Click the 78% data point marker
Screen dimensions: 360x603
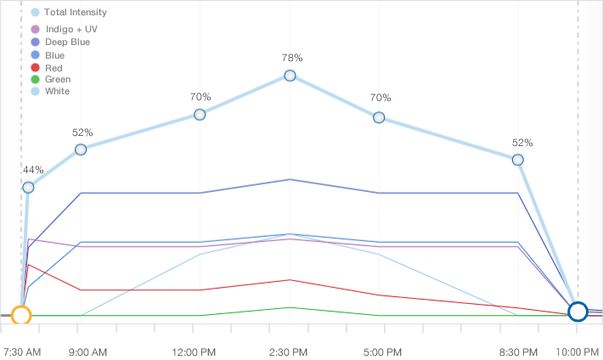tap(290, 76)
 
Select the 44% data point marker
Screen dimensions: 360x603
tap(28, 188)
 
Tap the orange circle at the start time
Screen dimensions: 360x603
tap(22, 315)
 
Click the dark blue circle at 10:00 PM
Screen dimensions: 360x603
tap(578, 312)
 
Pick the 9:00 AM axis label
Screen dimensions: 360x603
tap(87, 352)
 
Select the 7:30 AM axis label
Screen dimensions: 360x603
tap(22, 352)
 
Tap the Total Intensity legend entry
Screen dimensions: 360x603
tap(76, 13)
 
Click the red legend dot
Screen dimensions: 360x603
tap(35, 67)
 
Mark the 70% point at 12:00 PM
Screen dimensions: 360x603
tap(200, 115)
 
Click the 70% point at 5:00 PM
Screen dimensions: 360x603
tap(379, 117)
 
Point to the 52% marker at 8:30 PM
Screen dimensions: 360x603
tap(517, 160)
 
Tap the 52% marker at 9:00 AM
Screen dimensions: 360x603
tap(81, 149)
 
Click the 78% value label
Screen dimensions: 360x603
tap(292, 58)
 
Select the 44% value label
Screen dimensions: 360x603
tap(33, 170)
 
